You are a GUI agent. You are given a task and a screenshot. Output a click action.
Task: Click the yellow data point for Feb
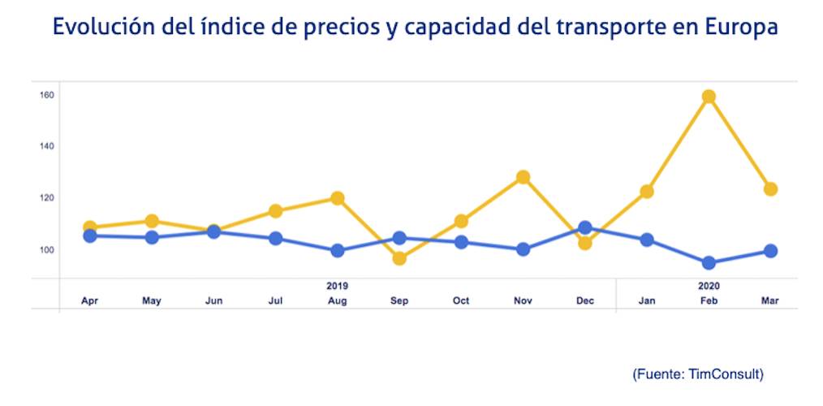[x=709, y=97]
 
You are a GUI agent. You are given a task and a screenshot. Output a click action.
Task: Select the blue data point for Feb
[x=709, y=263]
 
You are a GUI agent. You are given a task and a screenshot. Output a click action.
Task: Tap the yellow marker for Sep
[x=399, y=258]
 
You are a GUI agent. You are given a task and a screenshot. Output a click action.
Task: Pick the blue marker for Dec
[x=584, y=228]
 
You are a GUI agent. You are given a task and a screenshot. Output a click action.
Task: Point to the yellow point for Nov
[x=524, y=177]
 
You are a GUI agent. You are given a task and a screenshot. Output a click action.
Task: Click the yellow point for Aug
[x=338, y=198]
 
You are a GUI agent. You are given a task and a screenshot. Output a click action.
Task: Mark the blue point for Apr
[x=90, y=236]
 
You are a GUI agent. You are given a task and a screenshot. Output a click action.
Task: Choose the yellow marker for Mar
[x=770, y=189]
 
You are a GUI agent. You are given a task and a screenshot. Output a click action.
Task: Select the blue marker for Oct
[x=461, y=242]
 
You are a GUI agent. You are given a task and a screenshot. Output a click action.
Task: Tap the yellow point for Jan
[x=647, y=192]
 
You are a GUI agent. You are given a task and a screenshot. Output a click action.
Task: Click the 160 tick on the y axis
[x=46, y=95]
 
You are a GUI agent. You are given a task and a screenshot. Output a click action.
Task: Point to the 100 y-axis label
[x=46, y=249]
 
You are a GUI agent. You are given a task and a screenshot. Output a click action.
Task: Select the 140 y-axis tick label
[x=46, y=146]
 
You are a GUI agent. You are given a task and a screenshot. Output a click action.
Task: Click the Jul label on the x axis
[x=276, y=301]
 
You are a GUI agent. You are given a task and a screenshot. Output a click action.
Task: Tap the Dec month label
[x=584, y=301]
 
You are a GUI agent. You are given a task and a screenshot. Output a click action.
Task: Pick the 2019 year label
[x=338, y=287]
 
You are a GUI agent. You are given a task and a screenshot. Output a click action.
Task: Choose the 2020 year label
[x=709, y=287]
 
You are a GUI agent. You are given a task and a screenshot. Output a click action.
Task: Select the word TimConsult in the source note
[x=724, y=374]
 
